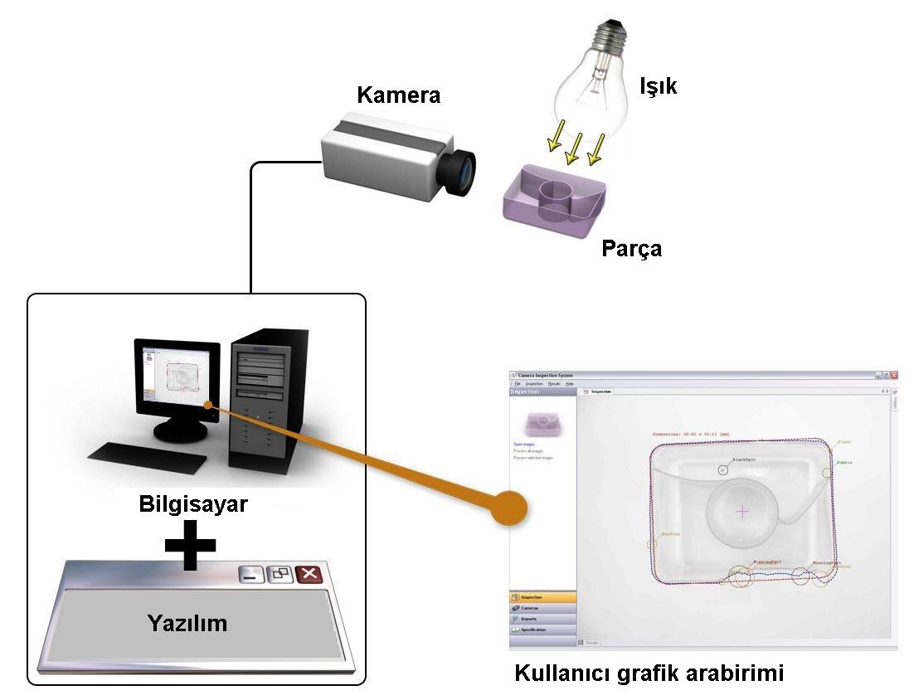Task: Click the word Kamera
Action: pos(398,95)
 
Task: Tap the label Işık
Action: pos(658,85)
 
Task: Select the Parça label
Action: pos(631,248)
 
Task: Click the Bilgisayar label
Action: pos(192,503)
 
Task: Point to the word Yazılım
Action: pos(187,622)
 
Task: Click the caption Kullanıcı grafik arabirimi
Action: pos(649,673)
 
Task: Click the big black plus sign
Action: pos(190,544)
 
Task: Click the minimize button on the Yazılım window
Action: pos(250,573)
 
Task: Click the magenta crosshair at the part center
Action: pos(741,512)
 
